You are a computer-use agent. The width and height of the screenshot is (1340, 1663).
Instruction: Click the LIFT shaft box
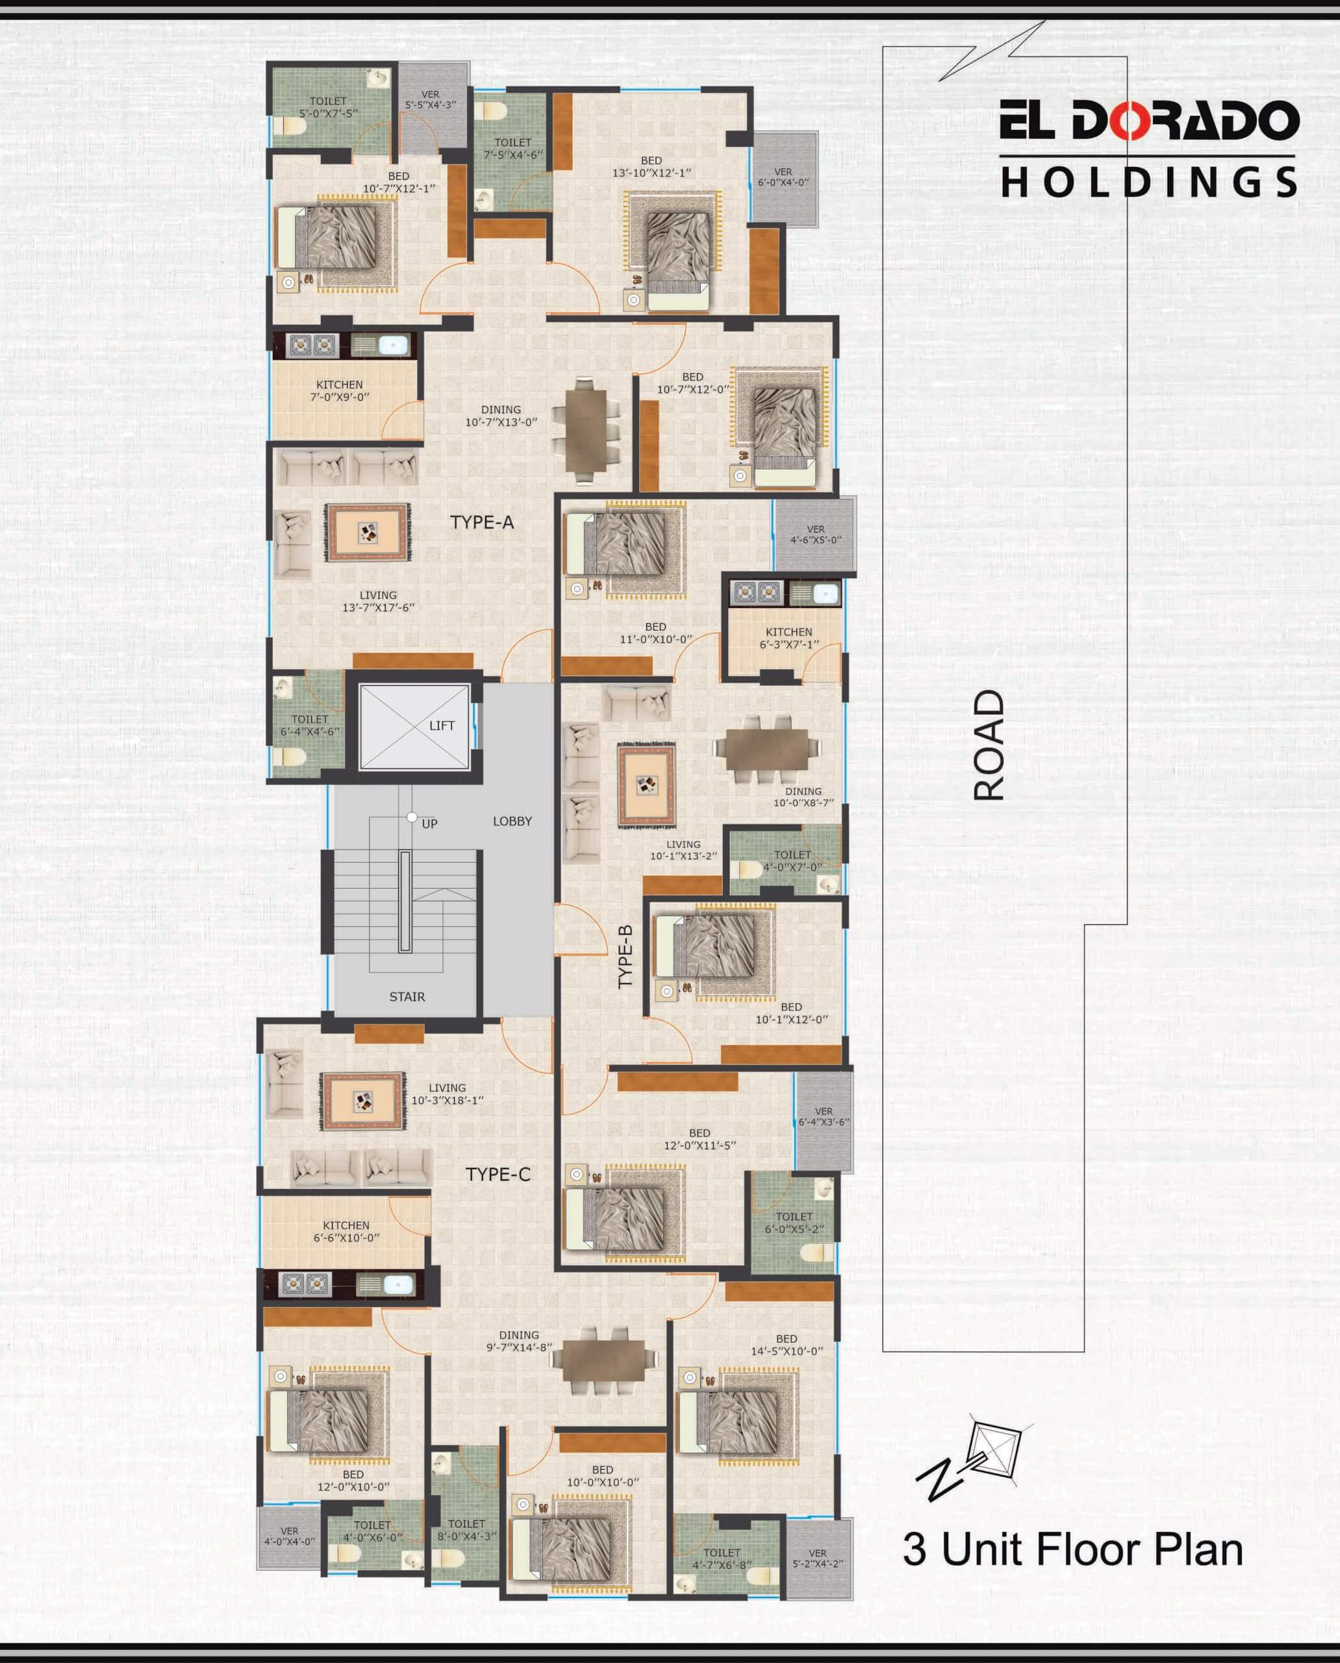point(414,726)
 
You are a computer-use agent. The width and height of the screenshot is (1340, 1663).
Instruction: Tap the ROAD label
point(989,745)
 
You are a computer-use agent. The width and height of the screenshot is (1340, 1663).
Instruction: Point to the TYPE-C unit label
point(498,1174)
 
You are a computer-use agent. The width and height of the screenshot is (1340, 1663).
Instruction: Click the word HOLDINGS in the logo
point(1148,183)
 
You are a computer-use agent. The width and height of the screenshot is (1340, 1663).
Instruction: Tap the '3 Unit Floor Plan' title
point(1073,1549)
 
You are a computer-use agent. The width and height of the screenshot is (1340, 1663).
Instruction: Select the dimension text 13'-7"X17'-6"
point(378,607)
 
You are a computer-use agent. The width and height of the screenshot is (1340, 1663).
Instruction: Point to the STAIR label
point(407,997)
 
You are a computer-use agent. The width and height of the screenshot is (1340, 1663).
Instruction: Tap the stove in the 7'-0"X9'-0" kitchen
point(312,345)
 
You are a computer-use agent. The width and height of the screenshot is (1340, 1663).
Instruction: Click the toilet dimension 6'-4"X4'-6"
point(310,731)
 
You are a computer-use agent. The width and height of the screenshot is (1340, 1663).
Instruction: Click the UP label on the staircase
point(430,824)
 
